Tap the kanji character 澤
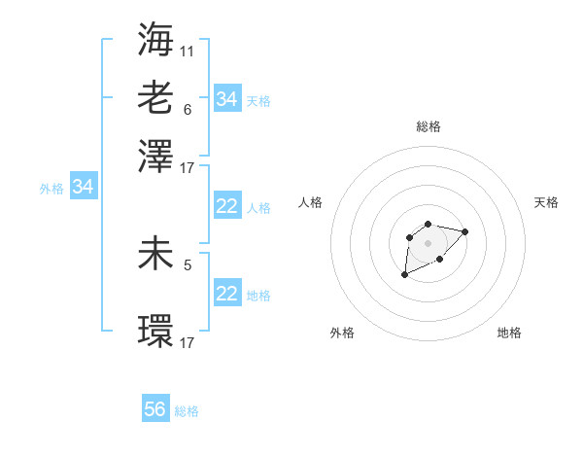click(x=156, y=156)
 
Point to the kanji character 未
click(x=156, y=253)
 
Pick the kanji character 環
click(x=156, y=331)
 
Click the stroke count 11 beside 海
click(x=188, y=51)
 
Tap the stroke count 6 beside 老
click(x=188, y=109)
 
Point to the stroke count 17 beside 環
click(x=188, y=342)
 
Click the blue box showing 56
click(x=155, y=409)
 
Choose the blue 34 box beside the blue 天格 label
click(x=226, y=98)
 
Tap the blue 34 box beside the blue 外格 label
click(x=83, y=187)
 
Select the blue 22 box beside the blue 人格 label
click(x=226, y=206)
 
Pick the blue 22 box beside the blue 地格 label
click(x=226, y=293)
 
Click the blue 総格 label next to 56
click(x=187, y=411)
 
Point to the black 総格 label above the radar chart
click(x=428, y=126)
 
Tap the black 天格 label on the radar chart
click(x=546, y=202)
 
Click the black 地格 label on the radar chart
click(x=509, y=333)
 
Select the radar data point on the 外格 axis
click(x=404, y=275)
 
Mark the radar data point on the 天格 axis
click(x=465, y=231)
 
